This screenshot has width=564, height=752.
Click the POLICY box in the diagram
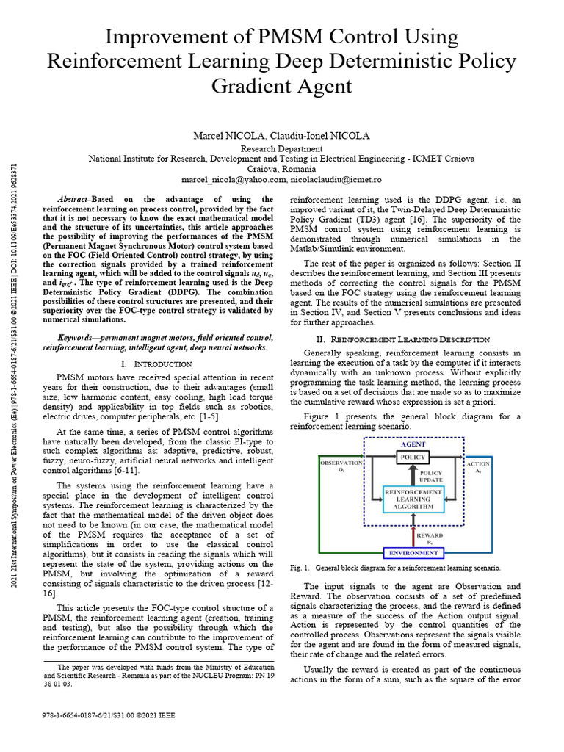coord(412,458)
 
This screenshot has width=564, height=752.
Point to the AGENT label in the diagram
coord(413,444)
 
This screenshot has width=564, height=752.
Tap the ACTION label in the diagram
coord(478,465)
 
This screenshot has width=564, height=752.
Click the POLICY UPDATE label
coord(430,477)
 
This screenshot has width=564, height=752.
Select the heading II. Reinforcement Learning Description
coord(402,339)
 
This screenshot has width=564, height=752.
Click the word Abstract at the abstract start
coord(73,199)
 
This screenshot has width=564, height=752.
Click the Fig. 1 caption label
coord(300,568)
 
